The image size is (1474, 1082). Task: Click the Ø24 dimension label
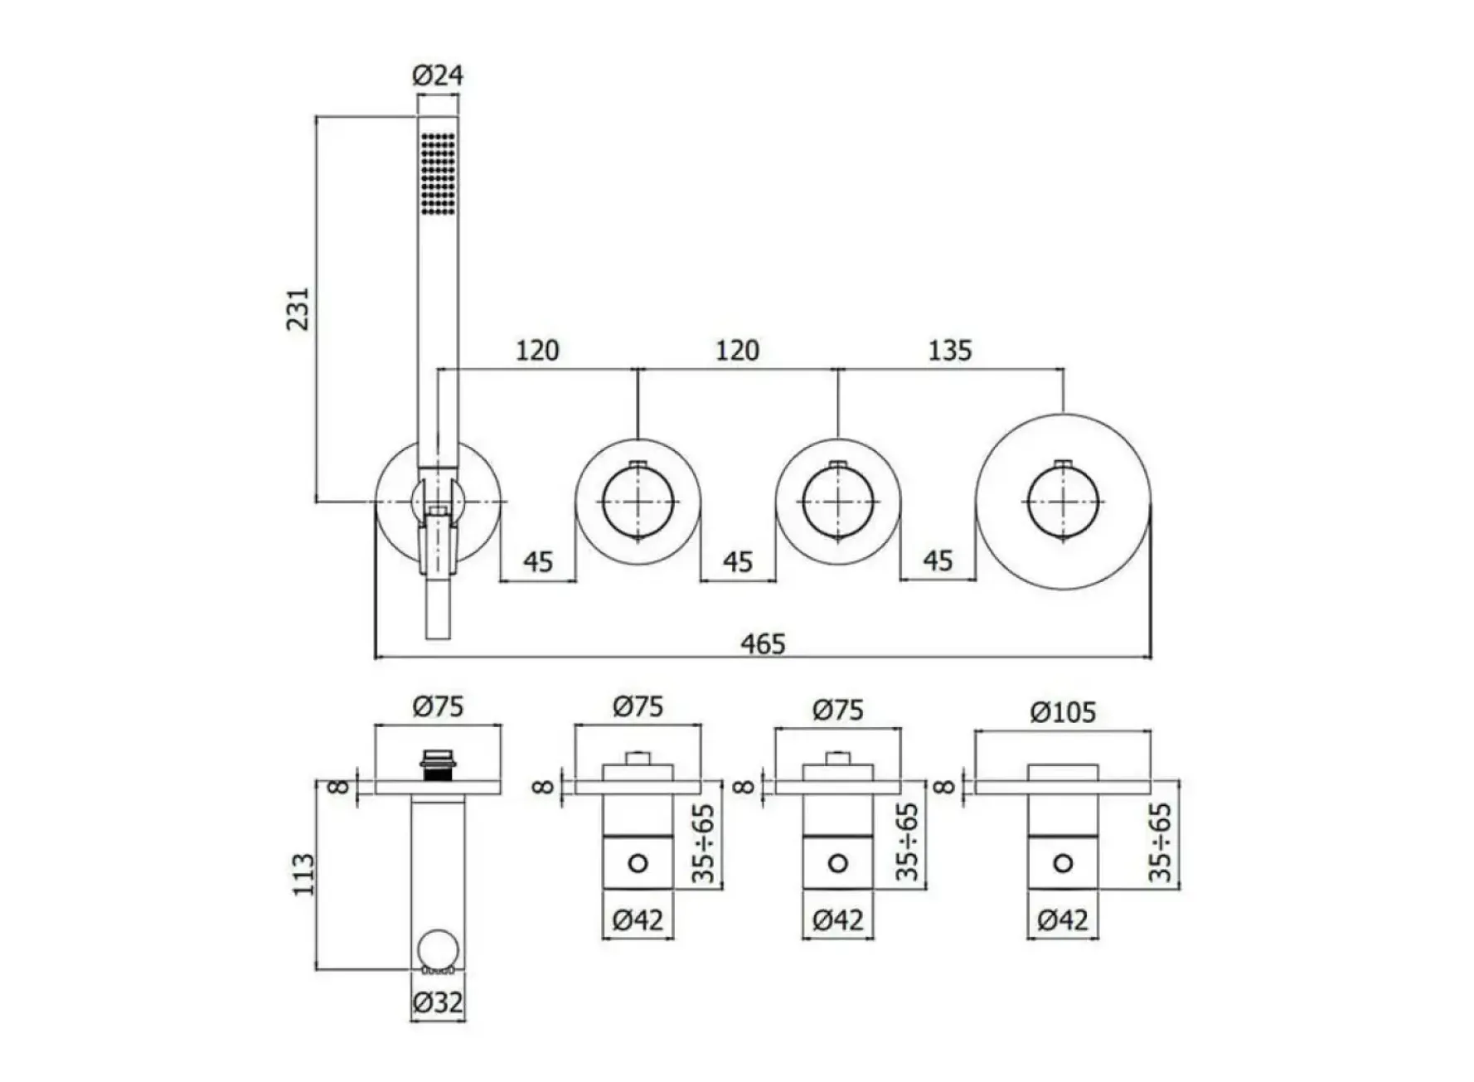(x=438, y=75)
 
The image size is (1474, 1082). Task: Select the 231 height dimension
(x=298, y=308)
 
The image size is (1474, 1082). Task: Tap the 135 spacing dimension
(x=949, y=351)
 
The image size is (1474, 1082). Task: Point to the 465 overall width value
(x=763, y=643)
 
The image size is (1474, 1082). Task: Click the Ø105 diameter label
(x=1063, y=712)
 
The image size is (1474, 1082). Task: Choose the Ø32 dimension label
(x=438, y=1003)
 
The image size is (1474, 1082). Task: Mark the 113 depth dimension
(x=303, y=874)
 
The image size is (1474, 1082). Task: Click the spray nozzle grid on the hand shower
(x=438, y=174)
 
